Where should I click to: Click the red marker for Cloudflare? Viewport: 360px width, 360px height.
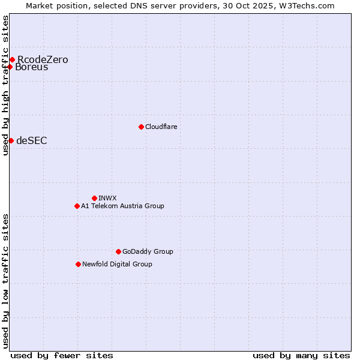(141, 127)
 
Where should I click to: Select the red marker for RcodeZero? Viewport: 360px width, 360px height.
(12, 59)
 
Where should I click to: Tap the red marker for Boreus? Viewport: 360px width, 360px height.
(10, 67)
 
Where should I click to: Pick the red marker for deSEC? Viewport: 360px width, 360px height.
(11, 140)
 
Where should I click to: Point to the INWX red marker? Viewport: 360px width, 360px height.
(94, 198)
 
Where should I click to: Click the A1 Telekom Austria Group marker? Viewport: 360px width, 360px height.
(77, 206)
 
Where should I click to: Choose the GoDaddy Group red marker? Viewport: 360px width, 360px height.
(118, 251)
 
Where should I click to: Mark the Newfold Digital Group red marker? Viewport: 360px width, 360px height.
(78, 264)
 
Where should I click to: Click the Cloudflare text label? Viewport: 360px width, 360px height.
(161, 127)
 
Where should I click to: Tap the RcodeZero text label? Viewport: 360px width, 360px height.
(43, 59)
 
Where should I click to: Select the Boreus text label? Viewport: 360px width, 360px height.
(32, 67)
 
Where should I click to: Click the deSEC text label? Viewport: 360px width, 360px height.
(32, 141)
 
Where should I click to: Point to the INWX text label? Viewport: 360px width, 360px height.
(107, 198)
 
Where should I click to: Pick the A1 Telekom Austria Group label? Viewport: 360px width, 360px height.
(122, 206)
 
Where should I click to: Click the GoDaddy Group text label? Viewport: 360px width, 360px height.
(148, 251)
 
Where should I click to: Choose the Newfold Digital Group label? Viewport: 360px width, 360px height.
(117, 264)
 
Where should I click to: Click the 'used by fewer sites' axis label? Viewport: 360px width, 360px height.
(62, 355)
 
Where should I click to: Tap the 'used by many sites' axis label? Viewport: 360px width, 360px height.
(301, 355)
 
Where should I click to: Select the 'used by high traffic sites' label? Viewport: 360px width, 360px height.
(5, 85)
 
